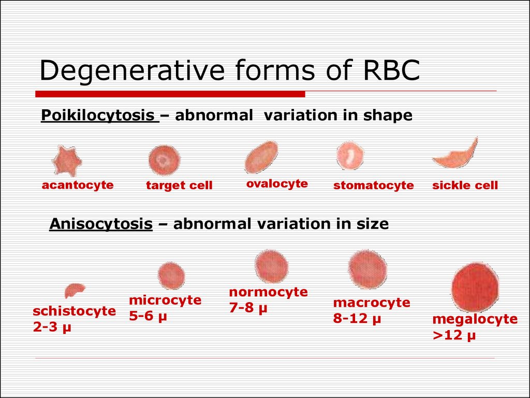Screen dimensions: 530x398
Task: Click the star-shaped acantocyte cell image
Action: click(x=67, y=161)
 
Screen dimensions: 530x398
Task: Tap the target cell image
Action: click(x=165, y=160)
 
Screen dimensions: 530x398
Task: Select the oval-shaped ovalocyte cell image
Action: click(x=261, y=157)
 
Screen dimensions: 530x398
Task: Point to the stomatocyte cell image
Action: click(x=350, y=155)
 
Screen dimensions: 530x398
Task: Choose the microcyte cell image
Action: click(x=171, y=276)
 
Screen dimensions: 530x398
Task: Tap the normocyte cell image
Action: click(x=271, y=267)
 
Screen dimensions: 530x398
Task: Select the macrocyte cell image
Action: click(x=368, y=269)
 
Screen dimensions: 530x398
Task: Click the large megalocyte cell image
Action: click(x=475, y=287)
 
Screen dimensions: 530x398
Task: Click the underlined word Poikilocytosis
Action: click(x=98, y=116)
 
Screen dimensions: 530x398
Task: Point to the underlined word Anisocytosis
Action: click(x=101, y=224)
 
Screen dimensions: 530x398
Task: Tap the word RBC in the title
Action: click(x=391, y=70)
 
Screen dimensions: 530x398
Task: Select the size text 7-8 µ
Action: click(x=248, y=308)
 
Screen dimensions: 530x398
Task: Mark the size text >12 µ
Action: click(x=454, y=335)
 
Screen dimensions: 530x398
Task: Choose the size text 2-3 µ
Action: click(x=52, y=327)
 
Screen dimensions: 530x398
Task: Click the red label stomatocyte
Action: click(x=374, y=185)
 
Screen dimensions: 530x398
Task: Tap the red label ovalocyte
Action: click(x=277, y=184)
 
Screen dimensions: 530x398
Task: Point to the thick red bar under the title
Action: click(x=170, y=94)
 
